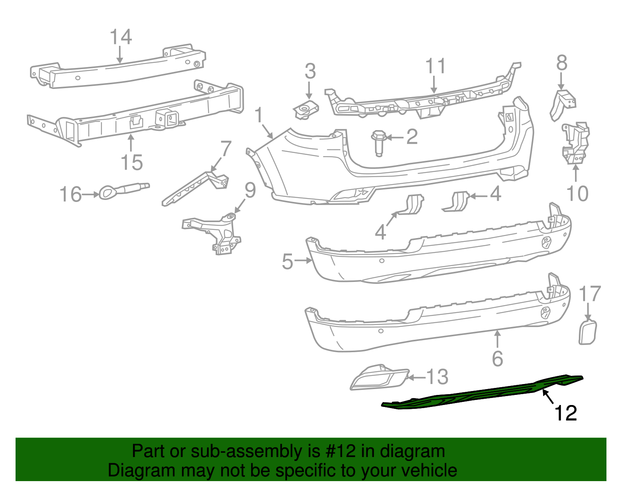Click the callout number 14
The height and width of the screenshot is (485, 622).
coord(121,37)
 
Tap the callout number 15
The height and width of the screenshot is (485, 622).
coord(132,162)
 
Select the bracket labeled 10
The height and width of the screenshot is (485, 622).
coord(576,143)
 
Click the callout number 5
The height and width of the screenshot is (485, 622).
coord(287,261)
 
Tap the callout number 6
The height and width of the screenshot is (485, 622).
coord(498,358)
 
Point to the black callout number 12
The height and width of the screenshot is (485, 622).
coord(566,413)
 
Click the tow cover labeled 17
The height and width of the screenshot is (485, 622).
coord(587,332)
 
